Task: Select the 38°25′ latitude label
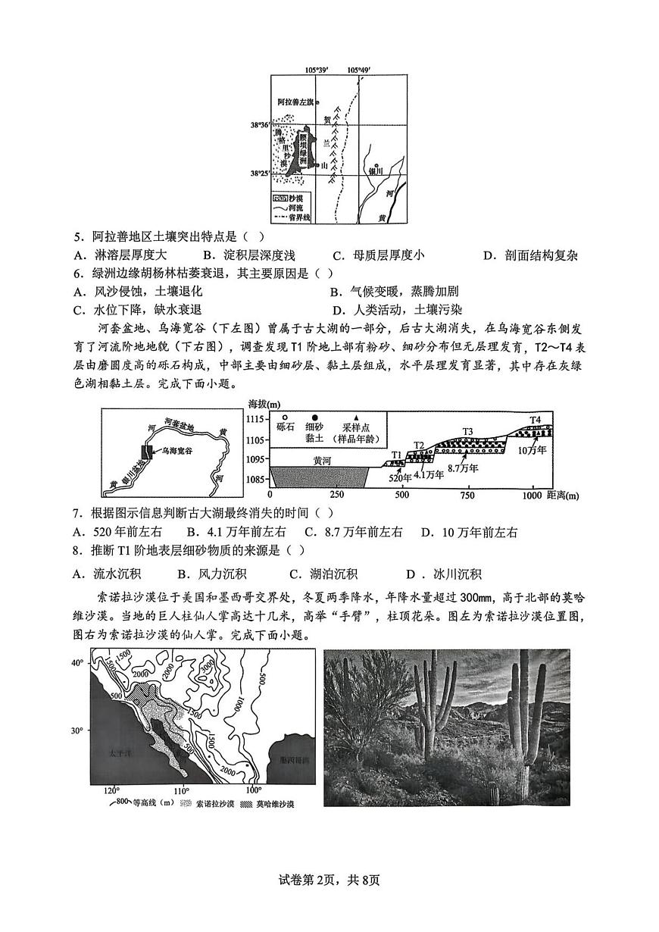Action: click(x=260, y=173)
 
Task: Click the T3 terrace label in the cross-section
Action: click(x=467, y=432)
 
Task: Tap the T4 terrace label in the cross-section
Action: click(x=535, y=419)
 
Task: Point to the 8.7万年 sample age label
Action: click(x=463, y=468)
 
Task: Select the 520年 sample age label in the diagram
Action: click(x=400, y=477)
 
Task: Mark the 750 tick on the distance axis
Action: click(x=467, y=495)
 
